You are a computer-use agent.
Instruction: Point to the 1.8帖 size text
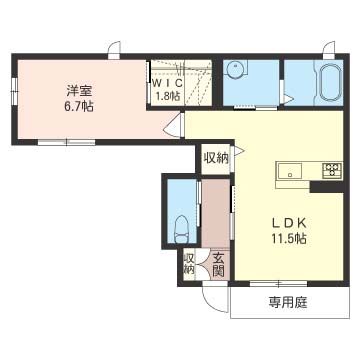tap(166, 97)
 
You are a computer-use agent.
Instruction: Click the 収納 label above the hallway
tap(216, 157)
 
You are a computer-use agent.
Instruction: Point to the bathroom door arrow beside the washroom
tap(287, 98)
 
